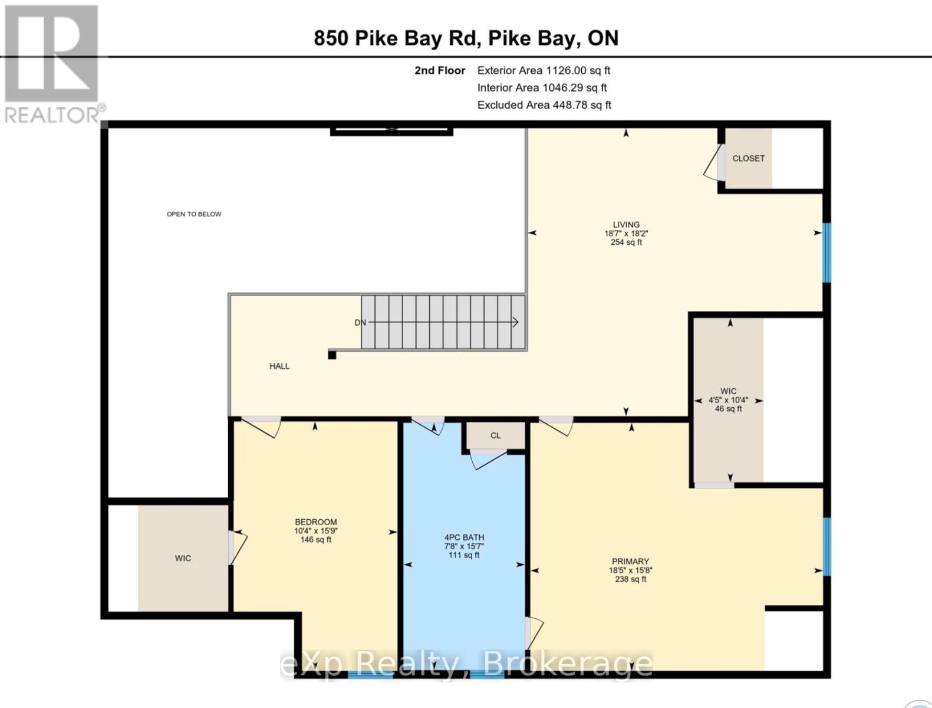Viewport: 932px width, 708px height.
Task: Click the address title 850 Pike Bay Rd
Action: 466,38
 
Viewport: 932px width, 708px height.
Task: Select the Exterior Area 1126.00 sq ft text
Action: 543,71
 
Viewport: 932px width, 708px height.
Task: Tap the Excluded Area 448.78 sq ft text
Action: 544,105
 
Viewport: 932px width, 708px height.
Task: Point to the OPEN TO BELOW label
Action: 194,214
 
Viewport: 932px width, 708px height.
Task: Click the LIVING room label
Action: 626,225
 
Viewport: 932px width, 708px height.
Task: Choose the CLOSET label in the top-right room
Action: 748,159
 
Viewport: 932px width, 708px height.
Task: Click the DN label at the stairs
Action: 360,323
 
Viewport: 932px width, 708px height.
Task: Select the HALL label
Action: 279,366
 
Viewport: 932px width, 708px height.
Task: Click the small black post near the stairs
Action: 332,355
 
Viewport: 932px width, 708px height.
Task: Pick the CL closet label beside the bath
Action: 495,436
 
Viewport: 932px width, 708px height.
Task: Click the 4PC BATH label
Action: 464,537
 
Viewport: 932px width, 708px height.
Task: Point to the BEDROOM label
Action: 316,522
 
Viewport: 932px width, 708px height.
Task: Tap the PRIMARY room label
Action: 630,562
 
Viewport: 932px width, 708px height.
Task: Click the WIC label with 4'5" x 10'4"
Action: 728,391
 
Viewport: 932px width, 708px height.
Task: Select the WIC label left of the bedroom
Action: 183,558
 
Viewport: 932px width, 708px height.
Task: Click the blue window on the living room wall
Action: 826,253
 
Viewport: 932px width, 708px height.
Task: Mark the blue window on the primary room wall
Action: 826,546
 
